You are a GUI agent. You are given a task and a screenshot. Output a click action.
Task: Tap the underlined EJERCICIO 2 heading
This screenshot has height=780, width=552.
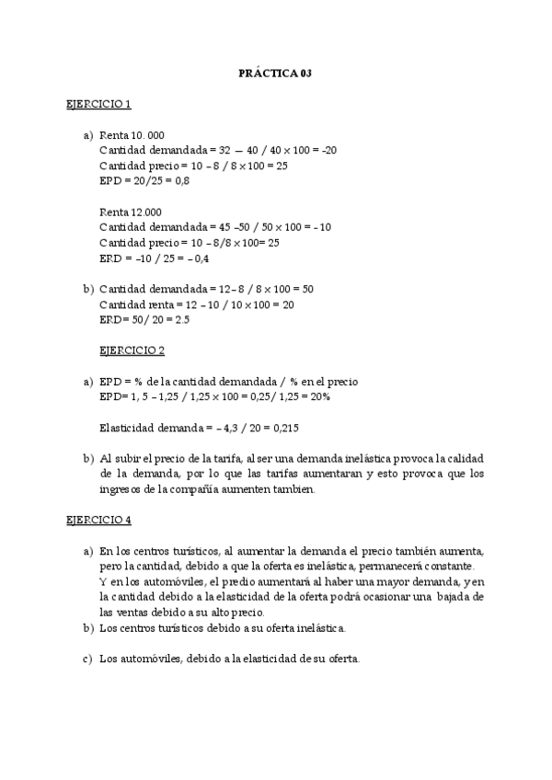click(132, 350)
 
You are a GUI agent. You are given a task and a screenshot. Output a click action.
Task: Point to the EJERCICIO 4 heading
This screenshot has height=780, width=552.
click(98, 520)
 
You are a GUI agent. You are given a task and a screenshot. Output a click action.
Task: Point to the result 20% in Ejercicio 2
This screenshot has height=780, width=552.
click(320, 396)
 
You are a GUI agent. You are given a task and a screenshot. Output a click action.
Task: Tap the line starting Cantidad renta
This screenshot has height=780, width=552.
click(197, 304)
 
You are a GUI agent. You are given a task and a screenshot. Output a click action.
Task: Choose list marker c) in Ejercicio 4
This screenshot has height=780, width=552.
click(88, 659)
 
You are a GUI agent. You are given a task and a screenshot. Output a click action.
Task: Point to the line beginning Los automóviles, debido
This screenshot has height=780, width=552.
click(230, 659)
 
